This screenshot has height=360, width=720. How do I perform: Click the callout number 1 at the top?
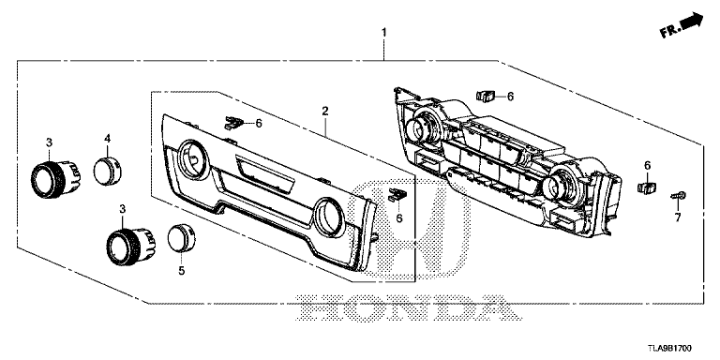[383, 33]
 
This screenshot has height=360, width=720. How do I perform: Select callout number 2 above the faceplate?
[325, 111]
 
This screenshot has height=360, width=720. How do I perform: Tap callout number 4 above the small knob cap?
[107, 138]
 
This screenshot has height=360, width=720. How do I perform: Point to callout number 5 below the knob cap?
[181, 271]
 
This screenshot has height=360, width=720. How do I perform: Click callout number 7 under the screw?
[678, 217]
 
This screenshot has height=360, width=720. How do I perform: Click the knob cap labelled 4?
[108, 170]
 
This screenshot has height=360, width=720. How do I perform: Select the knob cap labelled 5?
[181, 238]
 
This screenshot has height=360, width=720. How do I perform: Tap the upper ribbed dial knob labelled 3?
[55, 179]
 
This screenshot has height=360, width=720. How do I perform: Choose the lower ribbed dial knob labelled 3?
[131, 247]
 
